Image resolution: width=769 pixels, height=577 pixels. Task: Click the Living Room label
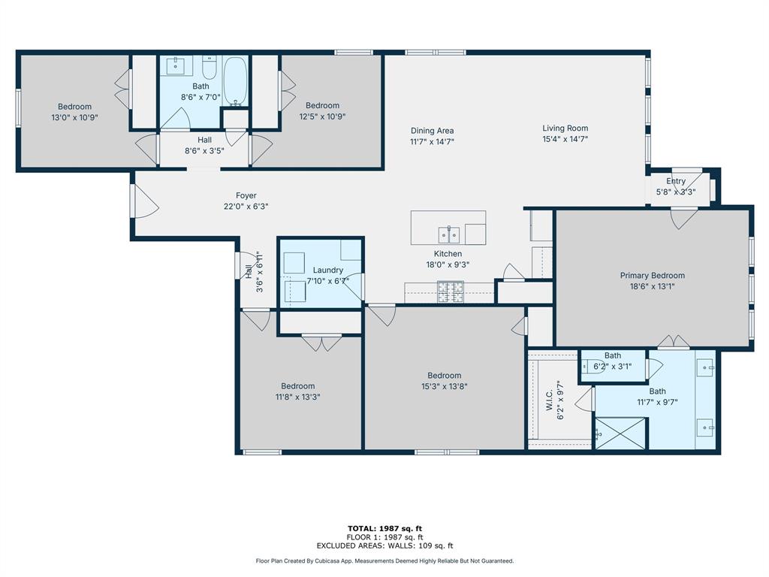[x=565, y=128]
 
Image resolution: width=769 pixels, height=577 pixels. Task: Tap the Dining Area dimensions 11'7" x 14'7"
[x=432, y=142]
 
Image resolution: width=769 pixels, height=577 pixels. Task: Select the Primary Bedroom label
[x=653, y=275]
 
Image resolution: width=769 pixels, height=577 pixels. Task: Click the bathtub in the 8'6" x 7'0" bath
[x=235, y=81]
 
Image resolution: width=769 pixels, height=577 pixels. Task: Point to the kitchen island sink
[x=449, y=235]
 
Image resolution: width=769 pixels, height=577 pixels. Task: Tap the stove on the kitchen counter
[x=451, y=292]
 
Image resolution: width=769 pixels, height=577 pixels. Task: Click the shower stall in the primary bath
[x=621, y=433]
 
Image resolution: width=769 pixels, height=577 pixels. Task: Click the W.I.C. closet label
[x=549, y=400]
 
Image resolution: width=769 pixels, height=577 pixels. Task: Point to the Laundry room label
[x=327, y=270]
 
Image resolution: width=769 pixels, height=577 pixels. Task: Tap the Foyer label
[x=246, y=195]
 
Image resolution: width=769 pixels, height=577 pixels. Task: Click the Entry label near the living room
[x=676, y=181]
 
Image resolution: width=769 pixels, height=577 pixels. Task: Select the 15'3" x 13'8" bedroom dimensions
[x=445, y=387]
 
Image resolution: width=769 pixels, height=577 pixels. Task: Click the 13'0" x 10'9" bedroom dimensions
[x=74, y=118]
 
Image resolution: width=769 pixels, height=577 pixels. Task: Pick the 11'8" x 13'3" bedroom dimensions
[x=297, y=397]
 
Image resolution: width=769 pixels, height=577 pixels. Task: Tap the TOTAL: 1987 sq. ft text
[x=384, y=528]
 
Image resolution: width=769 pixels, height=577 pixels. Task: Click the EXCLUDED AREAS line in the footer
[x=384, y=545]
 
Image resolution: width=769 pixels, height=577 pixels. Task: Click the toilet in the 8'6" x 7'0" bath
[x=210, y=68]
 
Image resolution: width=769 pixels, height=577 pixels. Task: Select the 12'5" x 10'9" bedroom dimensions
[x=322, y=116]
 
